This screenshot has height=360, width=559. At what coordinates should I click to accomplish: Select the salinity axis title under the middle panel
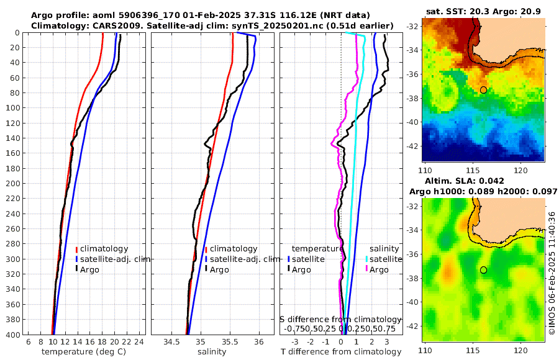point(211,352)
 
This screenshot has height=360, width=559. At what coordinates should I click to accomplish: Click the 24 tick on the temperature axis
point(139,342)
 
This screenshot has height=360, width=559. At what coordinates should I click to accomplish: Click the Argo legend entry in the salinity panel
point(219,269)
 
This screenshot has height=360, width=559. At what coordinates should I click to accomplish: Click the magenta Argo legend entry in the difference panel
point(379,269)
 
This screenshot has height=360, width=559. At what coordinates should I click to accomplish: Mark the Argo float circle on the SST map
point(483,90)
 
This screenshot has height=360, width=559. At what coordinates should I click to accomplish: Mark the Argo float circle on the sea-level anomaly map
point(483,270)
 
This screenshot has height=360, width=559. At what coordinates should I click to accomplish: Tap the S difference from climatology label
point(340,318)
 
